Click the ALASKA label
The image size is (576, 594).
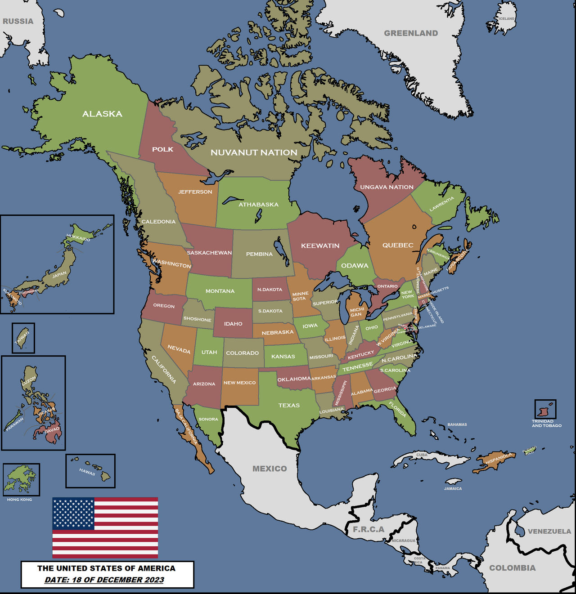pos(102,114)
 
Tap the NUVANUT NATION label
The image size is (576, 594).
pos(254,152)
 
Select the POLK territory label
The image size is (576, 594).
pos(162,149)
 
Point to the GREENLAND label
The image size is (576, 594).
pos(411,33)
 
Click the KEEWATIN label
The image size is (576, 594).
pos(320,246)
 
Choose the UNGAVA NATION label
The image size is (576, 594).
pos(387,187)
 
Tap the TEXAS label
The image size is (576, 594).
pos(289,405)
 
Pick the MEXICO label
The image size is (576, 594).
pos(270,469)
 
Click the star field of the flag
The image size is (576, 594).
pos(73,513)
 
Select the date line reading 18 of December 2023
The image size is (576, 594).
pos(104,580)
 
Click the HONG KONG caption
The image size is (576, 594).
pos(19,500)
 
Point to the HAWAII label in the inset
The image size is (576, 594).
pos(87,472)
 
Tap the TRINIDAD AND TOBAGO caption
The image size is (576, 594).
pos(546,424)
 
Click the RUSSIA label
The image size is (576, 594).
pos(18,21)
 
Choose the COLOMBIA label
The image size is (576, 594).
pos(512,568)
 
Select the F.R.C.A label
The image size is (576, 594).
pos(369,529)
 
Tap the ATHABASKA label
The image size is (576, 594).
pos(258,205)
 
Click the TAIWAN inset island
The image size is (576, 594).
pos(23,338)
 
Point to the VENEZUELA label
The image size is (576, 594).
pos(549,531)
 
